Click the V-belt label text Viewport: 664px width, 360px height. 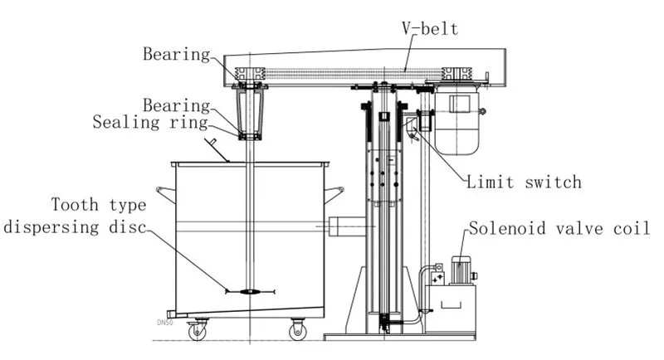click(x=430, y=29)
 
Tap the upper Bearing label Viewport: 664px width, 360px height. click(x=176, y=54)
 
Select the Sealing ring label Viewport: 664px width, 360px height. click(x=150, y=122)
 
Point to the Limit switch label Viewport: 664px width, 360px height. click(x=524, y=182)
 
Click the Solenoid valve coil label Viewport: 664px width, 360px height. click(x=559, y=228)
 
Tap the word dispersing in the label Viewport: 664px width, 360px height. click(x=51, y=227)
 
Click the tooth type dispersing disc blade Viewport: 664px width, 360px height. click(x=251, y=291)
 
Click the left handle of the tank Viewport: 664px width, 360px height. click(x=165, y=194)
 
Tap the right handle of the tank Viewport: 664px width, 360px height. click(x=334, y=194)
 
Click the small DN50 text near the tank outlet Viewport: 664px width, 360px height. click(x=165, y=323)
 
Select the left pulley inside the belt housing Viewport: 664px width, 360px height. click(x=250, y=74)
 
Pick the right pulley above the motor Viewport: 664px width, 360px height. click(x=456, y=74)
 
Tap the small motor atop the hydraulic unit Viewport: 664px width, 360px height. click(x=461, y=270)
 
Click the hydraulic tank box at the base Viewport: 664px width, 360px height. click(x=450, y=309)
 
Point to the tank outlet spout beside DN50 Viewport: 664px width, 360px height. click(x=172, y=314)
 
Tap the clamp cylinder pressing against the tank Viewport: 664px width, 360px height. click(x=347, y=226)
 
